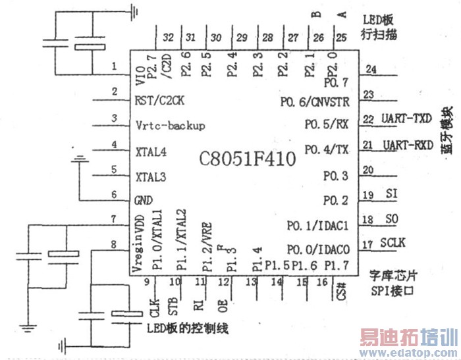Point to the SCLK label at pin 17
(x=393, y=243)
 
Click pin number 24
(x=371, y=69)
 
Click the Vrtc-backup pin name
(x=170, y=124)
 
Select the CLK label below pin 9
(x=154, y=307)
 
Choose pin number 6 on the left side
(x=115, y=195)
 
